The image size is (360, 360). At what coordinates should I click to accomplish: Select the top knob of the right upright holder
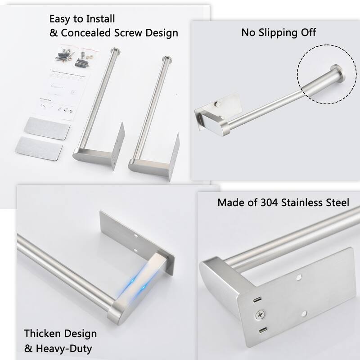(167, 58)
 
